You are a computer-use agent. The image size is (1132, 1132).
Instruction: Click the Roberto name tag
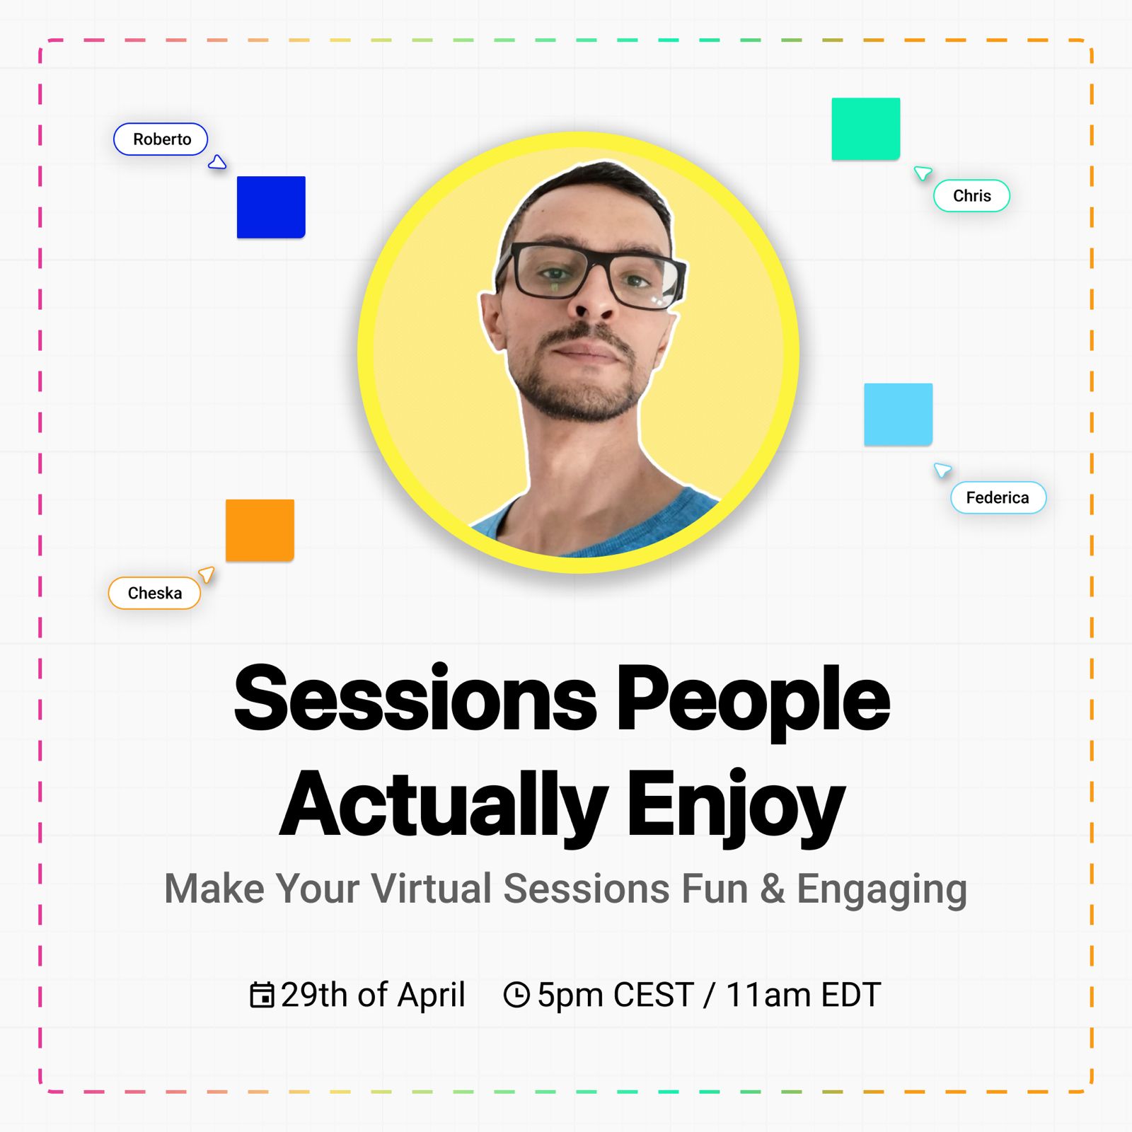161,139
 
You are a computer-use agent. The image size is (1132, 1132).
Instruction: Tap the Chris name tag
971,196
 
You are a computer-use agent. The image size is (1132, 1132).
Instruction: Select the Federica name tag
998,497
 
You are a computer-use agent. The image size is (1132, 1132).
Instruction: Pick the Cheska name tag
154,593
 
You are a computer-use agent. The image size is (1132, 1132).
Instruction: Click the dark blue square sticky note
271,207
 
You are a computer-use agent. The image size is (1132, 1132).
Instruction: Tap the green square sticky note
866,129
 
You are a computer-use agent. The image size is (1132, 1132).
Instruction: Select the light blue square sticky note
899,415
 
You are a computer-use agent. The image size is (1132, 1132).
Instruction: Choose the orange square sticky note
260,531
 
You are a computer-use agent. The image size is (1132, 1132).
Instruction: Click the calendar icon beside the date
262,994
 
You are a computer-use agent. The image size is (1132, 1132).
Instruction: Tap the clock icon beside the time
516,994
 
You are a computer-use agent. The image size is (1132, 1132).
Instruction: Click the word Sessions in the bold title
415,699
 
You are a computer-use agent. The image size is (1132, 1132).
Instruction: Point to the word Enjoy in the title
736,805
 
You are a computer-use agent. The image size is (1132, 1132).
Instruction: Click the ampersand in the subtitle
773,889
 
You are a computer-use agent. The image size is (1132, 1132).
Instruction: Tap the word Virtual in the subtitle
432,889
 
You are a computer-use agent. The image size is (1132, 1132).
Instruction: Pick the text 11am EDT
804,995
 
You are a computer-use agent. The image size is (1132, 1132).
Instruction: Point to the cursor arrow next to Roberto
217,163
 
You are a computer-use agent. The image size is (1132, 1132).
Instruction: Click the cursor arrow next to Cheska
207,574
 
